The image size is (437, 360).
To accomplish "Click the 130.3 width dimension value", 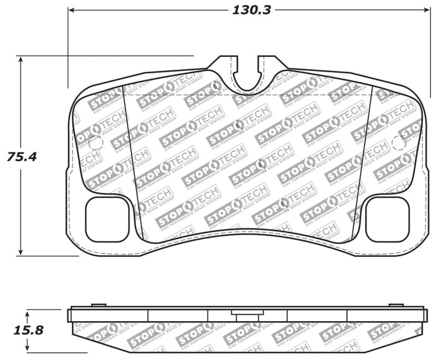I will [252, 10].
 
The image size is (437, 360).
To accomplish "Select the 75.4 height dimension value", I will [22, 157].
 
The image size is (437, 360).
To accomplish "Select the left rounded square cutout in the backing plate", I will [108, 219].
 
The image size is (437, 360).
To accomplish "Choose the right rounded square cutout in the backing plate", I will [387, 219].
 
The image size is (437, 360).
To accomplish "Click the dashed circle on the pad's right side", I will [399, 144].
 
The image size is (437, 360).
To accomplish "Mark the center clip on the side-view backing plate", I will [240, 312].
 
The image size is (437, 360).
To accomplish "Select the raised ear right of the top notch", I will [269, 64].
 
